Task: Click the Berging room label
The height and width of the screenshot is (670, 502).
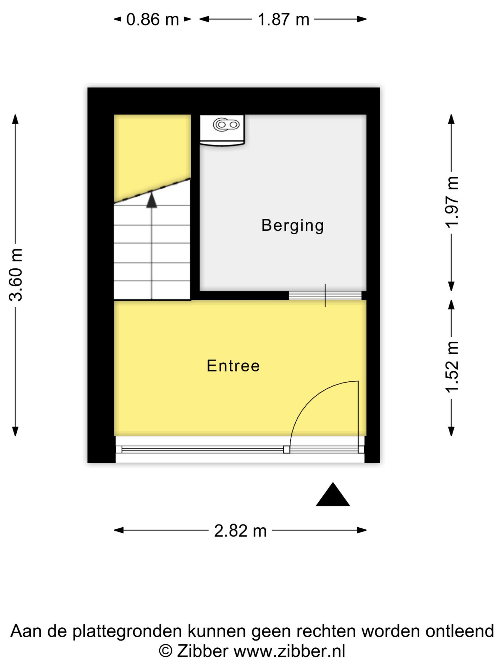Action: coord(292,225)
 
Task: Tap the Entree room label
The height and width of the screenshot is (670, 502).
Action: coord(233,366)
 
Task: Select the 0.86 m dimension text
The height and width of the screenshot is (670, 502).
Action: coord(152,20)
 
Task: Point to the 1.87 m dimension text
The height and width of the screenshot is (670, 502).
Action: coord(283,20)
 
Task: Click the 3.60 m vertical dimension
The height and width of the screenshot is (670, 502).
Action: coord(16,275)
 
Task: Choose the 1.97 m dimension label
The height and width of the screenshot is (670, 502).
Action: coord(452,202)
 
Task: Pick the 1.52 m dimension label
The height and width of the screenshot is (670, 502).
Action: coord(452,367)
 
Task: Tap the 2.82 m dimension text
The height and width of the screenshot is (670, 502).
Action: coord(240,531)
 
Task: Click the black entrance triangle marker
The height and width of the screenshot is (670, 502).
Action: coord(333,494)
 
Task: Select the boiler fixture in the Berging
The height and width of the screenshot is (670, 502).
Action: coord(222,130)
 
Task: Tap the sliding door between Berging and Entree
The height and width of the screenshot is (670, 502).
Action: coord(325,296)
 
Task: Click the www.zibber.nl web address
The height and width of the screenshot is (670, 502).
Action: coord(289,651)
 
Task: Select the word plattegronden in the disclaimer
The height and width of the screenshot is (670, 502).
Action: coord(128,632)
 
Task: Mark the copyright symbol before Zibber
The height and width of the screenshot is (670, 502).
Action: coord(166,651)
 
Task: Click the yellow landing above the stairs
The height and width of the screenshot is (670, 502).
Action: coord(152,154)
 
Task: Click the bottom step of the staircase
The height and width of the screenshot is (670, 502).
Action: coord(152,290)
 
